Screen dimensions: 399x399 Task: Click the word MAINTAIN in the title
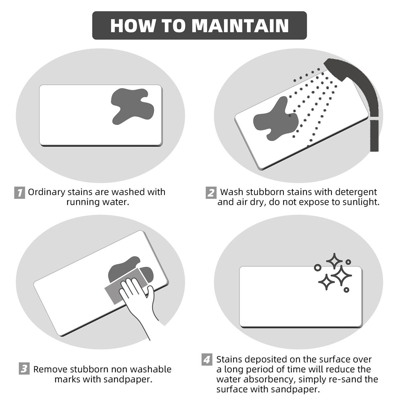tap(240, 26)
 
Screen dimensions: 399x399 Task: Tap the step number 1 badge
tap(20, 193)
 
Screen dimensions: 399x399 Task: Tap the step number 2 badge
tap(211, 193)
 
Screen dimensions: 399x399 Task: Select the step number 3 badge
tap(24, 369)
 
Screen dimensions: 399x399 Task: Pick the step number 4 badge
tap(207, 360)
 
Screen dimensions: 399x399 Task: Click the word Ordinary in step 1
tap(47, 192)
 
